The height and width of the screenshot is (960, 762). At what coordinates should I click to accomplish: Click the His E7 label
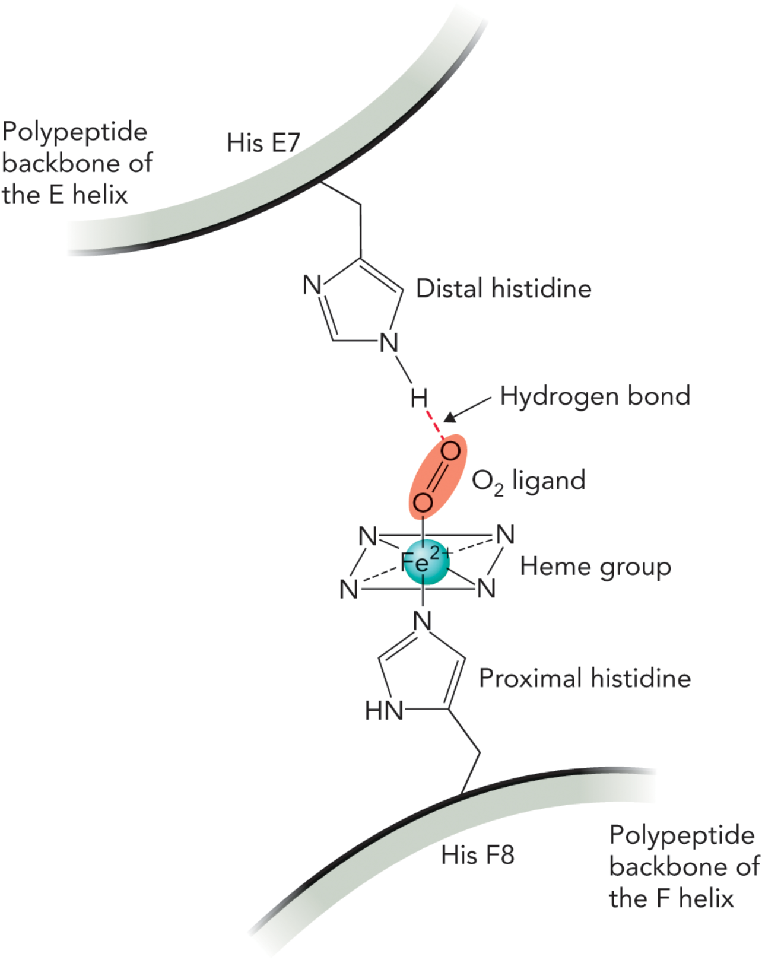(x=263, y=143)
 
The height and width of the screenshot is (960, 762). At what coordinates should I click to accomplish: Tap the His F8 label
(x=477, y=855)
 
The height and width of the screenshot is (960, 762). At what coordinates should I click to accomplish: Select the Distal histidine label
(x=503, y=288)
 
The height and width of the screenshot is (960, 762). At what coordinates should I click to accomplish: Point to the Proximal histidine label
(x=585, y=678)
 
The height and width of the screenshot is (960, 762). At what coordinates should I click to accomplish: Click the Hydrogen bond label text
(x=595, y=396)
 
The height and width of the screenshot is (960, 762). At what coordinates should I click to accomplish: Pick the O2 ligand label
(x=528, y=481)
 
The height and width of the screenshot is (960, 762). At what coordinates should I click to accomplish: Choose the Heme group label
(x=595, y=567)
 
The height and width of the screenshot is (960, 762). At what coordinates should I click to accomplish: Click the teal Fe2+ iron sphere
(x=425, y=562)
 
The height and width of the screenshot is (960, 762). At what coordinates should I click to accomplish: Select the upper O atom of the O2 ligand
(x=450, y=452)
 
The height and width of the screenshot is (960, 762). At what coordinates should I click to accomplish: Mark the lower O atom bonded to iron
(x=423, y=503)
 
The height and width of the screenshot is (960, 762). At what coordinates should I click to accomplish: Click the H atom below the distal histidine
(x=419, y=399)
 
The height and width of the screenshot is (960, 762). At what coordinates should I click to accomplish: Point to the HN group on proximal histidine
(x=384, y=710)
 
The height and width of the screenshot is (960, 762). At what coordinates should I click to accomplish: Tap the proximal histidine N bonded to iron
(x=422, y=621)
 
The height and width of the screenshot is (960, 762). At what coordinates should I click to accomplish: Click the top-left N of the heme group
(x=368, y=537)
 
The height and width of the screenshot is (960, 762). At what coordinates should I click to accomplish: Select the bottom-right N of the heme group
(x=486, y=589)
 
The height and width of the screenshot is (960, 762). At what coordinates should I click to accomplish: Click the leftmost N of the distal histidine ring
(x=312, y=285)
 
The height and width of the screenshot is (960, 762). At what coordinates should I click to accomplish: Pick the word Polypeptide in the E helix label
(x=75, y=132)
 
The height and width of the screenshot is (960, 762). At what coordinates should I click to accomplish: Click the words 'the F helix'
(x=671, y=898)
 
